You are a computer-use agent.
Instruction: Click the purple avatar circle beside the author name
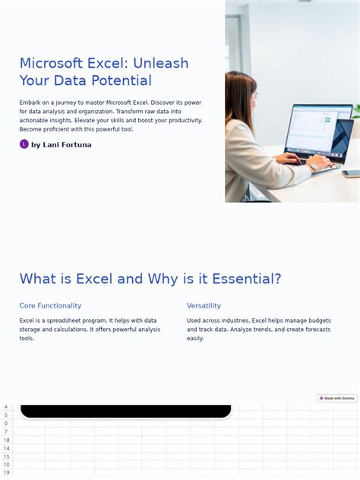click(x=24, y=144)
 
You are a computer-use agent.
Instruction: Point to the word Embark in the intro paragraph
click(x=31, y=103)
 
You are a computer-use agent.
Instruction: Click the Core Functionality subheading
click(x=50, y=305)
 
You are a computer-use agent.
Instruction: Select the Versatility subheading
click(x=204, y=305)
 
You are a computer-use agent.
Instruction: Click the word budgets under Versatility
click(x=319, y=321)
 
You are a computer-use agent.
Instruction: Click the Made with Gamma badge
click(x=337, y=398)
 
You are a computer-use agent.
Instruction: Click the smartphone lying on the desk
click(x=351, y=173)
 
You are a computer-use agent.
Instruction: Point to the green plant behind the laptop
click(x=355, y=112)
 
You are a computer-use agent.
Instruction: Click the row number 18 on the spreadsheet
click(x=6, y=441)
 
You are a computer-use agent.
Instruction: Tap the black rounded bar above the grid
click(x=125, y=412)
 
